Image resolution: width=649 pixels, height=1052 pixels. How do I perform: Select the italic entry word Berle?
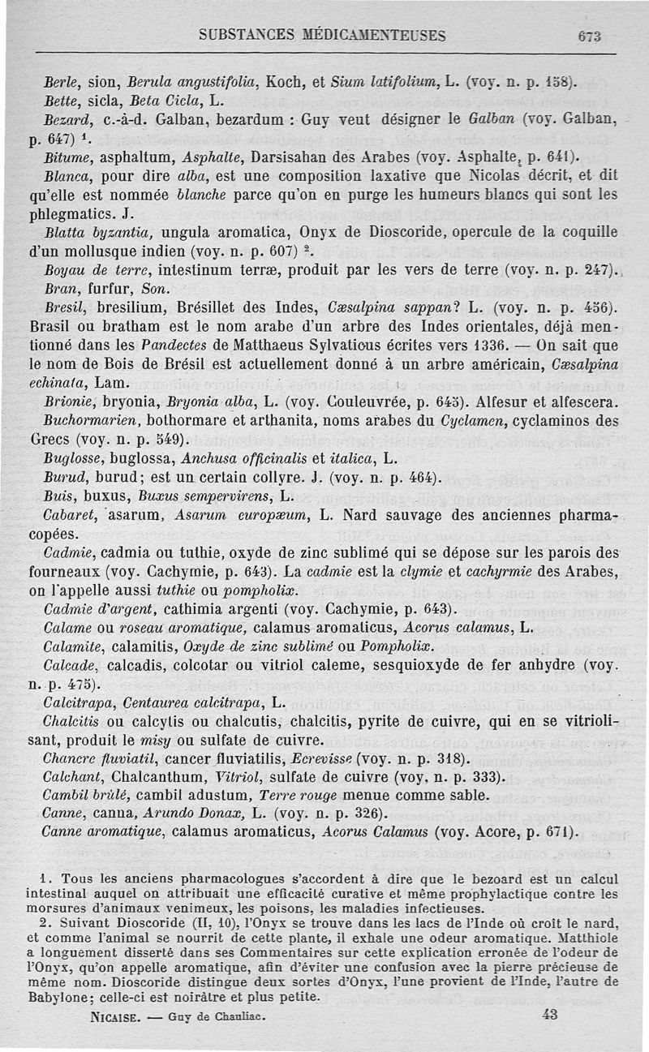pyautogui.click(x=58, y=82)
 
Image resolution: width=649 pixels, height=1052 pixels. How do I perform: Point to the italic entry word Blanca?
pyautogui.click(x=63, y=176)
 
